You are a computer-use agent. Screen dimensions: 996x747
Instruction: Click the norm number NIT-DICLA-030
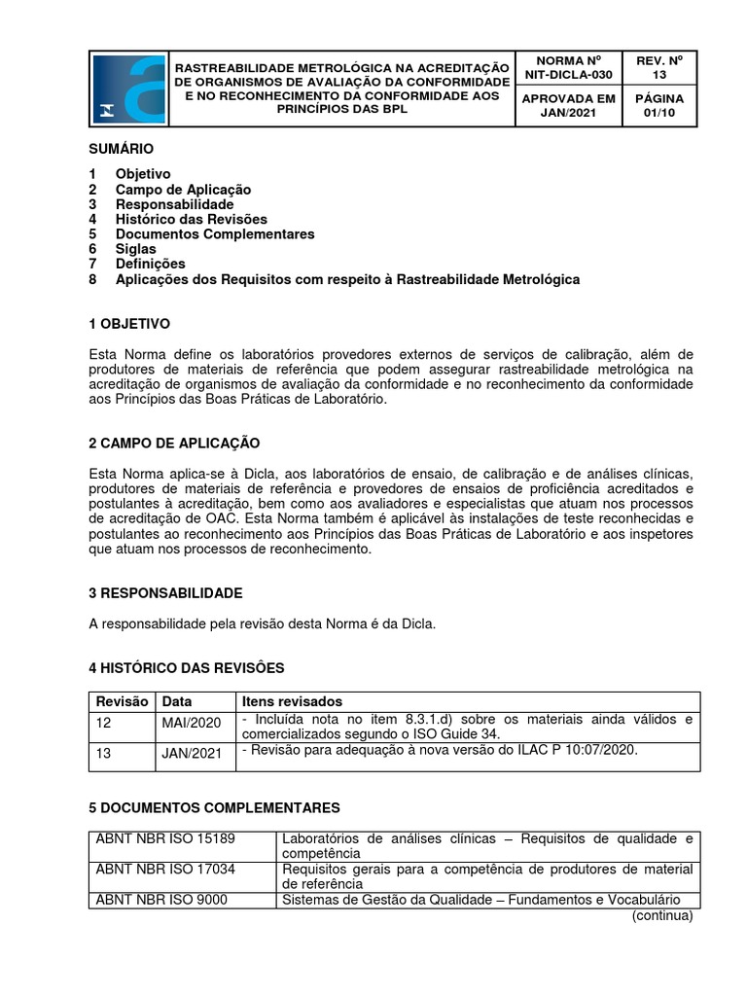[569, 74]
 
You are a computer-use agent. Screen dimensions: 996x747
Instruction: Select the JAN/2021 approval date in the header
[569, 114]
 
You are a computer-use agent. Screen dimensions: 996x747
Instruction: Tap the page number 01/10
[659, 114]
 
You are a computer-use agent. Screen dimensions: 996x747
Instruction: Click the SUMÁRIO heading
[121, 149]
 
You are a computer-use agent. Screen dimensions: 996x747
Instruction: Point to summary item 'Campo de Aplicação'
[183, 190]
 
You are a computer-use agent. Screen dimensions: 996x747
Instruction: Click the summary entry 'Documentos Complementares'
[215, 234]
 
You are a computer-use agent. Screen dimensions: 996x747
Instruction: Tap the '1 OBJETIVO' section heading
[128, 323]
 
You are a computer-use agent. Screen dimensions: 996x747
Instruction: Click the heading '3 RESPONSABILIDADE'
[165, 592]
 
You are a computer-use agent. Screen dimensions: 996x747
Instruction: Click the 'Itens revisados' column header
[292, 701]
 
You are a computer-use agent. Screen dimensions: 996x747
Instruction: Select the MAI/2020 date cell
[192, 723]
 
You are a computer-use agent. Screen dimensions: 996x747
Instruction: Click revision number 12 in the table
[104, 723]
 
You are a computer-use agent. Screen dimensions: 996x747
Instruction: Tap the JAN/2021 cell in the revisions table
[192, 754]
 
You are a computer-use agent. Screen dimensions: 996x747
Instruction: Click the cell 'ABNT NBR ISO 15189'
[165, 838]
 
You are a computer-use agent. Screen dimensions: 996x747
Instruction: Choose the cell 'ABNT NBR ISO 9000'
[161, 900]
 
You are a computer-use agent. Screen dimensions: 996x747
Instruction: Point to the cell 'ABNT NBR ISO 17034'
[165, 869]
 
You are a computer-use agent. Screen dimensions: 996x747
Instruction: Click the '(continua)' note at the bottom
[662, 915]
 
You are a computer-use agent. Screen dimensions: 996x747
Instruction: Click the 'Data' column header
[177, 701]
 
